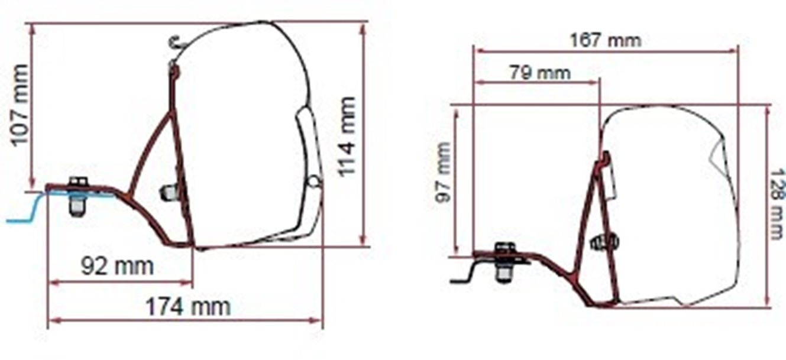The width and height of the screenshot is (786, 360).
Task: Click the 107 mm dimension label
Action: point(20,105)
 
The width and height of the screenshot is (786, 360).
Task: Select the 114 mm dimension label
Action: point(347,136)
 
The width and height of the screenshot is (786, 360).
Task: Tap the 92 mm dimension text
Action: point(118,267)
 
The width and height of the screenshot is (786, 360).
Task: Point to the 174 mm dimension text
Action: point(189,307)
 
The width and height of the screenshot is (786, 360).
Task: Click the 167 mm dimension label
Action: point(606,40)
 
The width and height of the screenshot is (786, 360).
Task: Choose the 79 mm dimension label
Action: point(541,73)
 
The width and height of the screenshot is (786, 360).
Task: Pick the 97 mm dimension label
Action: point(443,172)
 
